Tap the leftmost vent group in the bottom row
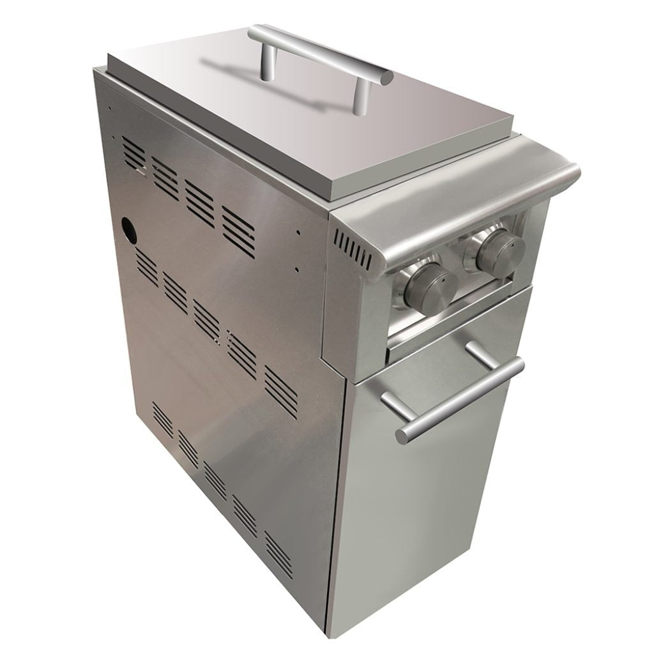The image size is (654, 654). (162, 418)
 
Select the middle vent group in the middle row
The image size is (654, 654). (206, 317)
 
